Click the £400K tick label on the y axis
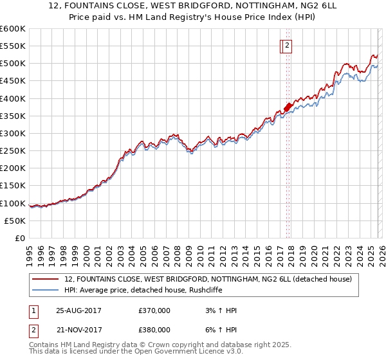pyautogui.click(x=12, y=98)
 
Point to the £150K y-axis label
pyautogui.click(x=12, y=186)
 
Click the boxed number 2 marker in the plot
pyautogui.click(x=286, y=45)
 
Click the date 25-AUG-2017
pyautogui.click(x=78, y=310)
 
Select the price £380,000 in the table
pyautogui.click(x=154, y=329)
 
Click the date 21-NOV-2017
pyautogui.click(x=78, y=329)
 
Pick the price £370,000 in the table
pyautogui.click(x=154, y=310)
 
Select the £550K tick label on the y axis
pyautogui.click(x=12, y=46)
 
